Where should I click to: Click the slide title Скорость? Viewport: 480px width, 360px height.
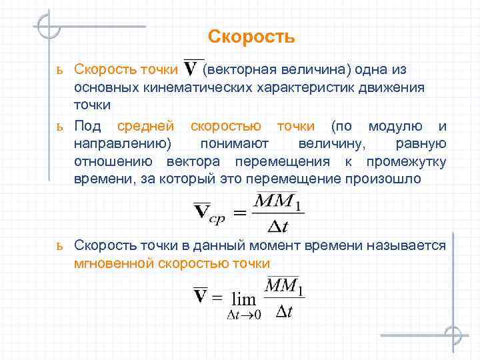tap(251, 36)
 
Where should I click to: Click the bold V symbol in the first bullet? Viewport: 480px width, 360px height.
tap(193, 69)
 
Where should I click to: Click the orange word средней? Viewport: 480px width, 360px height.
tap(145, 125)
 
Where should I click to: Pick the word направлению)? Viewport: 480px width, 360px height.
tap(122, 143)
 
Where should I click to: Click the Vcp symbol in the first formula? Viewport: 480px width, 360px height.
tap(209, 213)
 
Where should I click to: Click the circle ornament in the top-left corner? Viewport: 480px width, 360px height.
tap(49, 27)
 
